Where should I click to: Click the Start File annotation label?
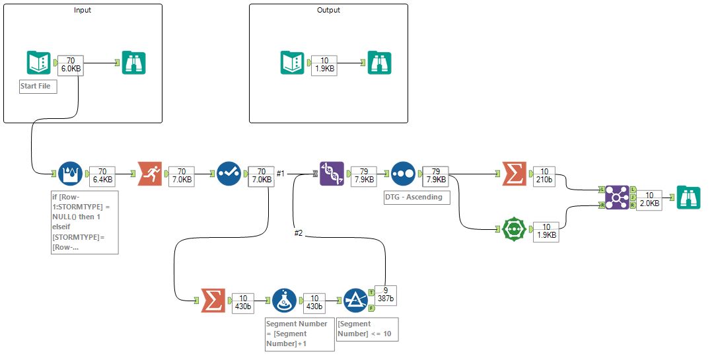pos(38,87)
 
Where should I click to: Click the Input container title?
pos(83,11)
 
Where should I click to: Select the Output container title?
pos(328,11)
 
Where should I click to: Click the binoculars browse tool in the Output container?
pos(380,63)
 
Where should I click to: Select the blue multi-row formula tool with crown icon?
pos(71,174)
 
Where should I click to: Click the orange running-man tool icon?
pos(150,174)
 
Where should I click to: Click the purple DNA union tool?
pos(332,174)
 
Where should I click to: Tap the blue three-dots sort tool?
pos(403,174)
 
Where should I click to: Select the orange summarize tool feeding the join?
pos(515,174)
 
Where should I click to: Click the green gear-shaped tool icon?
pos(515,229)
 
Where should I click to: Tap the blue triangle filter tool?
pos(355,301)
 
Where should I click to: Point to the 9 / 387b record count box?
pos(385,295)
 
